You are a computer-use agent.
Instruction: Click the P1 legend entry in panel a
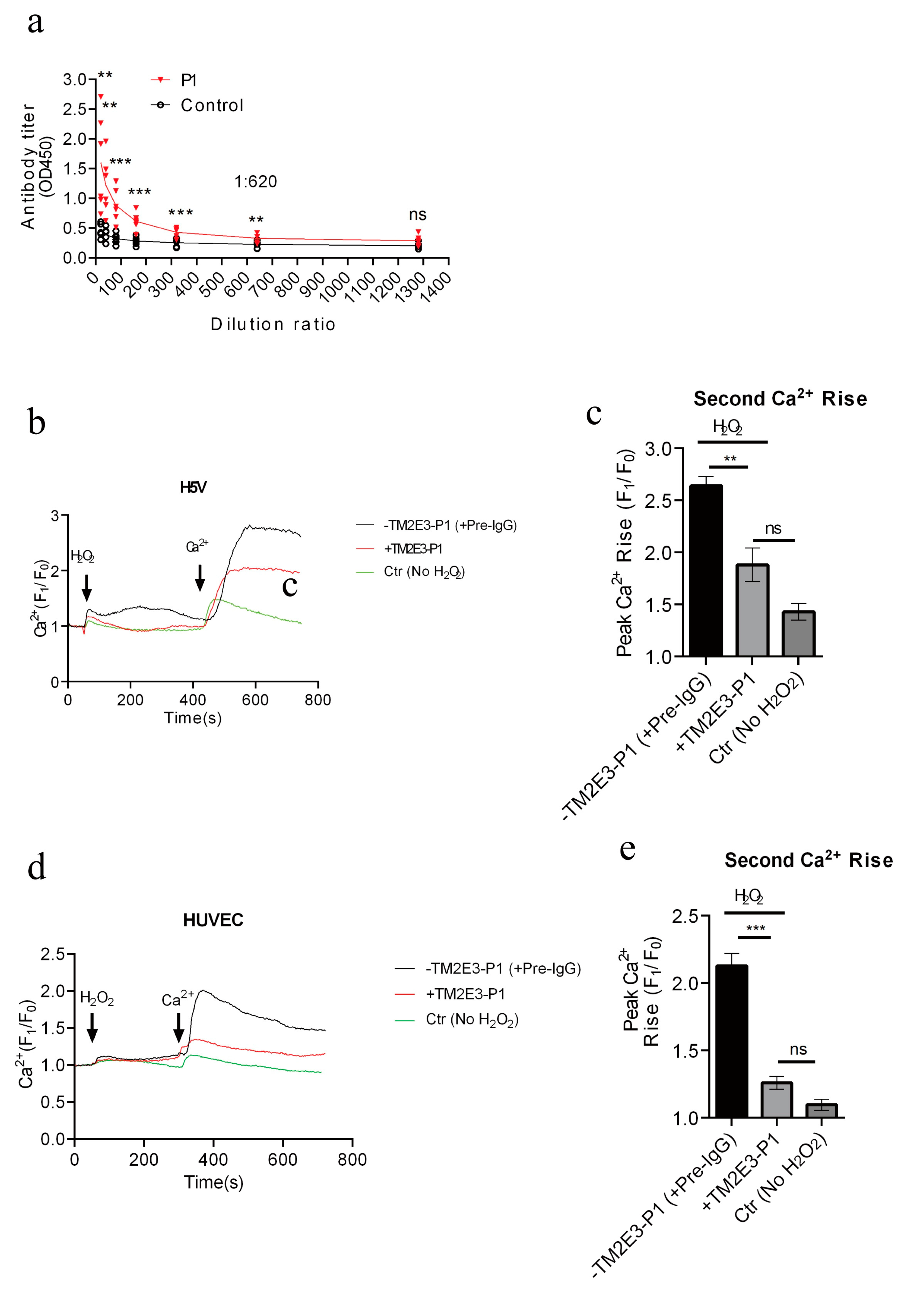(188, 81)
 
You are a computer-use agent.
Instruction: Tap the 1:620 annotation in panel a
(256, 182)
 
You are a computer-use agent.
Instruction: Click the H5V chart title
(193, 487)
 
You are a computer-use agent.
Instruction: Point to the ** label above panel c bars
(730, 460)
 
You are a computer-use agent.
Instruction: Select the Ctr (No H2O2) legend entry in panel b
(424, 572)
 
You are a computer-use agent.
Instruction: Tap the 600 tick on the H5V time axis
(255, 700)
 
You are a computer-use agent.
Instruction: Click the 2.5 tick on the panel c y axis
(659, 501)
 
